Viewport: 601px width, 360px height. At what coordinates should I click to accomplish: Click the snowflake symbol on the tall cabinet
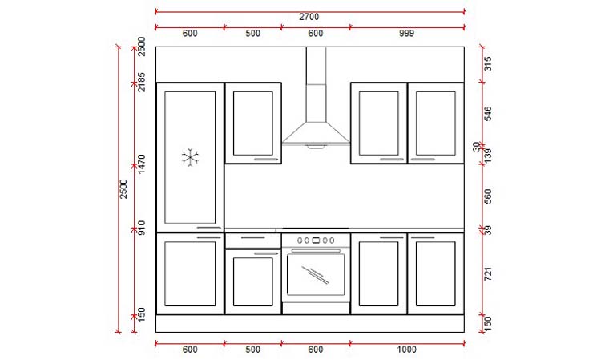[x=190, y=157]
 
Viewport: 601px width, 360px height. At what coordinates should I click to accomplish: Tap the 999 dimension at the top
[x=407, y=33]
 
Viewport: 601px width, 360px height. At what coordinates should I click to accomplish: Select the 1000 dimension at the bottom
[x=407, y=350]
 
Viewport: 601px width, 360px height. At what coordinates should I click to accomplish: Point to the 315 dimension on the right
[x=486, y=64]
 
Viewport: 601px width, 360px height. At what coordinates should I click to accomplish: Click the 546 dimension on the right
[x=486, y=114]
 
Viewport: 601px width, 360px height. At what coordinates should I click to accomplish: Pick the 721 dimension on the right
[x=486, y=274]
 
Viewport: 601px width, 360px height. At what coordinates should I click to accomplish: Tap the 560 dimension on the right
[x=486, y=196]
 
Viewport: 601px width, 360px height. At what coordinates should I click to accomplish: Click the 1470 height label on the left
[x=141, y=164]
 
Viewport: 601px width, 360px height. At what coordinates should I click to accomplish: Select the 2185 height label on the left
[x=141, y=83]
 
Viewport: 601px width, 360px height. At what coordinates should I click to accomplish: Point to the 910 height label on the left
[x=141, y=227]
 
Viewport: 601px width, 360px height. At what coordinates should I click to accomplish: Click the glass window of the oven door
[x=316, y=274]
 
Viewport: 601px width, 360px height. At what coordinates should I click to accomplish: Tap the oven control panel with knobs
[x=316, y=240]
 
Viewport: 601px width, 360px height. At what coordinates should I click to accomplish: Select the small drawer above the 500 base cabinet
[x=252, y=240]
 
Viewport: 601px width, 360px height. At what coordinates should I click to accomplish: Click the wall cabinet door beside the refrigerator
[x=252, y=122]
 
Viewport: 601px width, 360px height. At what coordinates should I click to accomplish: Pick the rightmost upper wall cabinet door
[x=436, y=122]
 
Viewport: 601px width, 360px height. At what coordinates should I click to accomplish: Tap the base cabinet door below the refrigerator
[x=190, y=273]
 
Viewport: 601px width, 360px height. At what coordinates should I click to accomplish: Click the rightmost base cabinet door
[x=436, y=273]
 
